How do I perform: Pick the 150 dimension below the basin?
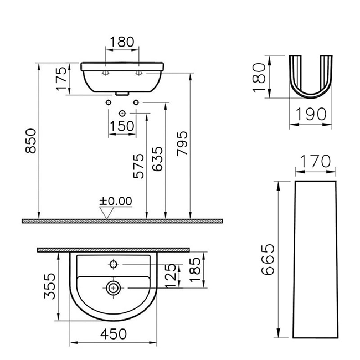[122, 126]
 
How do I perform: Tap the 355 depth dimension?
[50, 285]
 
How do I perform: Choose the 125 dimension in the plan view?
[172, 275]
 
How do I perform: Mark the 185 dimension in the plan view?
[194, 270]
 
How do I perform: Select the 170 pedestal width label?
[315, 161]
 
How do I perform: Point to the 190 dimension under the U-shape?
[310, 115]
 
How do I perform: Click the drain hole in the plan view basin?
[114, 287]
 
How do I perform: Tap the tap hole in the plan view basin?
[115, 264]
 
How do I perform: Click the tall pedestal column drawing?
[315, 260]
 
